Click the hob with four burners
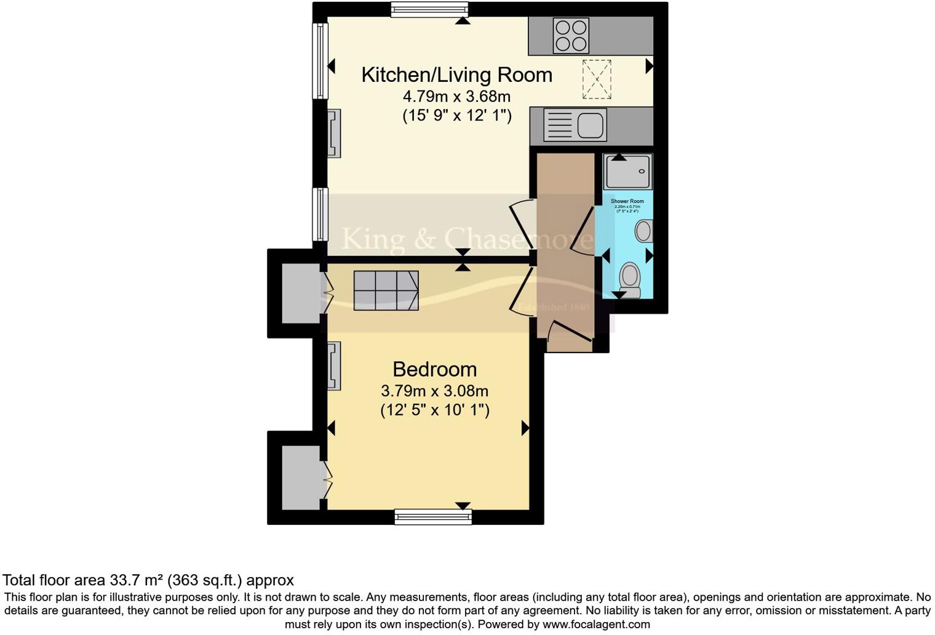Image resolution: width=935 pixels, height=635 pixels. pos(571,35)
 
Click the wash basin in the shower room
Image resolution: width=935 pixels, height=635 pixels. pos(643,231)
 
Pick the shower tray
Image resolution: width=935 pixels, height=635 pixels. pos(627,172)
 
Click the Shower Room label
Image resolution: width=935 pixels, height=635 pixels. pos(627,201)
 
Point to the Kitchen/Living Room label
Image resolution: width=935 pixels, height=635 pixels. pos(456,74)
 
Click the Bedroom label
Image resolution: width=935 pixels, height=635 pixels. pos(434,369)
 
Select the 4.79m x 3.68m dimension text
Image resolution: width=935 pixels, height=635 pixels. pos(456,96)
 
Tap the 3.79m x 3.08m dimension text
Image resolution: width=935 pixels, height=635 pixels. pos(434,391)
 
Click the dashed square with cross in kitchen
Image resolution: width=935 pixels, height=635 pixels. pos(596,79)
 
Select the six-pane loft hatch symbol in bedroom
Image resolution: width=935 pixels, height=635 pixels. pos(386,290)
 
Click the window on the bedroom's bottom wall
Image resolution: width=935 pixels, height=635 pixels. pos(433,517)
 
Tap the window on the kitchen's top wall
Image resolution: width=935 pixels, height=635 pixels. pos(429,9)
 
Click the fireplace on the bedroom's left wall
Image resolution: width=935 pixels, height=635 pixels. pos(333,366)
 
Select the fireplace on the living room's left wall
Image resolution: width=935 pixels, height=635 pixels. pos(333,134)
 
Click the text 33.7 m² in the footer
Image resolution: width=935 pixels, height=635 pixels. pos(137,580)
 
